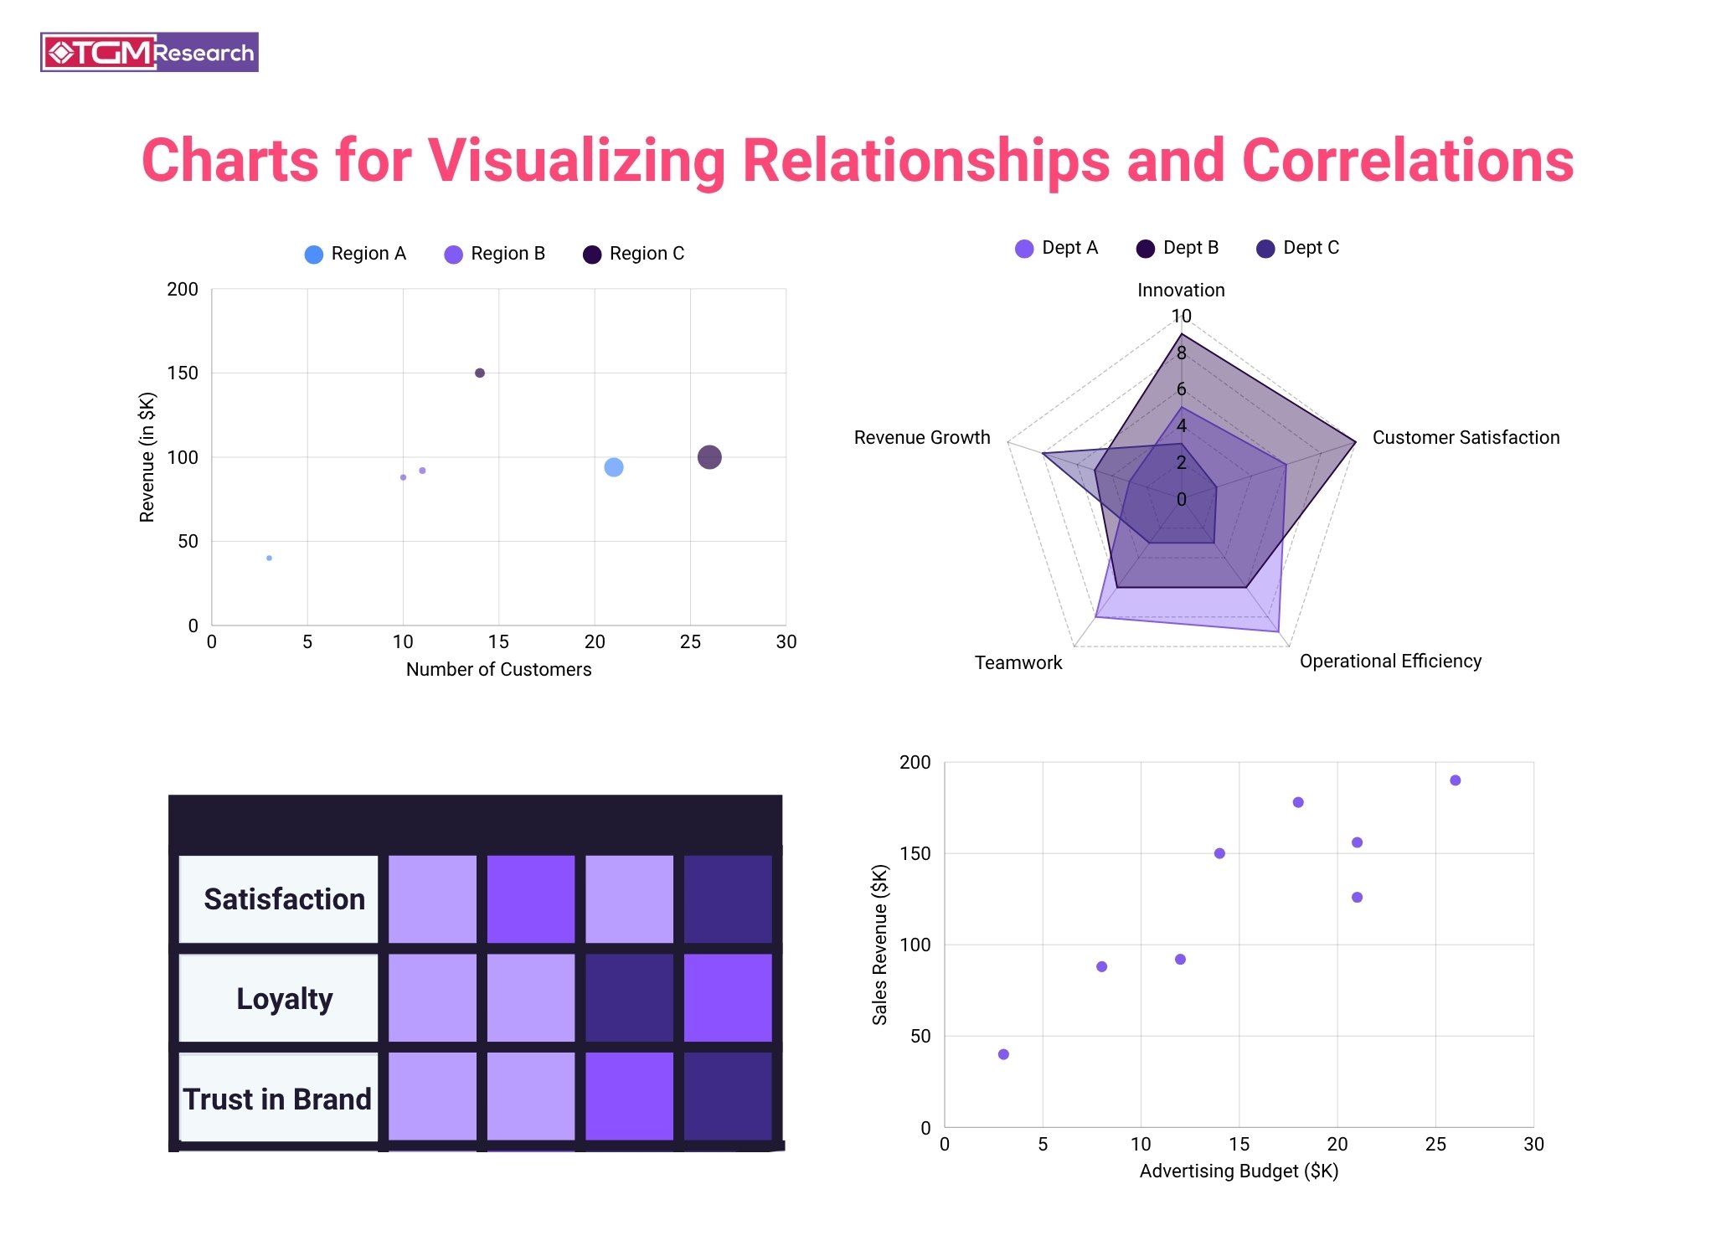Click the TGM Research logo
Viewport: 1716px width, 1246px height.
[x=149, y=52]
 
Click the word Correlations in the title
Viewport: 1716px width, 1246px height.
[x=1407, y=160]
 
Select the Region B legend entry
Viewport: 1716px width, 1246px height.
[x=495, y=254]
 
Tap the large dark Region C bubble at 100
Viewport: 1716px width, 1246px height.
[x=709, y=457]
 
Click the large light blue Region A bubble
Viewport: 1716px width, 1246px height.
[x=613, y=467]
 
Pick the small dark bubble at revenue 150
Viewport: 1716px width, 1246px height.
[x=479, y=373]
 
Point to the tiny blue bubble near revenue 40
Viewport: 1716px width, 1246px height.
[x=269, y=558]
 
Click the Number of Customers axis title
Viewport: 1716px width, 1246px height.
[x=498, y=669]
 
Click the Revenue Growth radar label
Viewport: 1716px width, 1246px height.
[x=921, y=437]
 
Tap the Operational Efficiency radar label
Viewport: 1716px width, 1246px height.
[x=1389, y=661]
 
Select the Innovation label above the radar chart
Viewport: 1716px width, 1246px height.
[x=1180, y=290]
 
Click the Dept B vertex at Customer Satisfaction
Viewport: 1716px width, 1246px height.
[x=1354, y=442]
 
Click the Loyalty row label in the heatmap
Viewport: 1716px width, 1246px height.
[x=284, y=998]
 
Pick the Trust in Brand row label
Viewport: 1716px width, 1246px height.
[x=277, y=1099]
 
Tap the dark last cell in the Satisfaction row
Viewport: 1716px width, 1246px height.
[x=727, y=898]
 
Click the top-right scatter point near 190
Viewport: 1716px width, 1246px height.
[x=1455, y=780]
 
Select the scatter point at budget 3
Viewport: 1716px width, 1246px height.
[x=1003, y=1054]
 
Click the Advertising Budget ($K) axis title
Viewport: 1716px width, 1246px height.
[x=1238, y=1171]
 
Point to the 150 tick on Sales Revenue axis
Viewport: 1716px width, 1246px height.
[x=915, y=853]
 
